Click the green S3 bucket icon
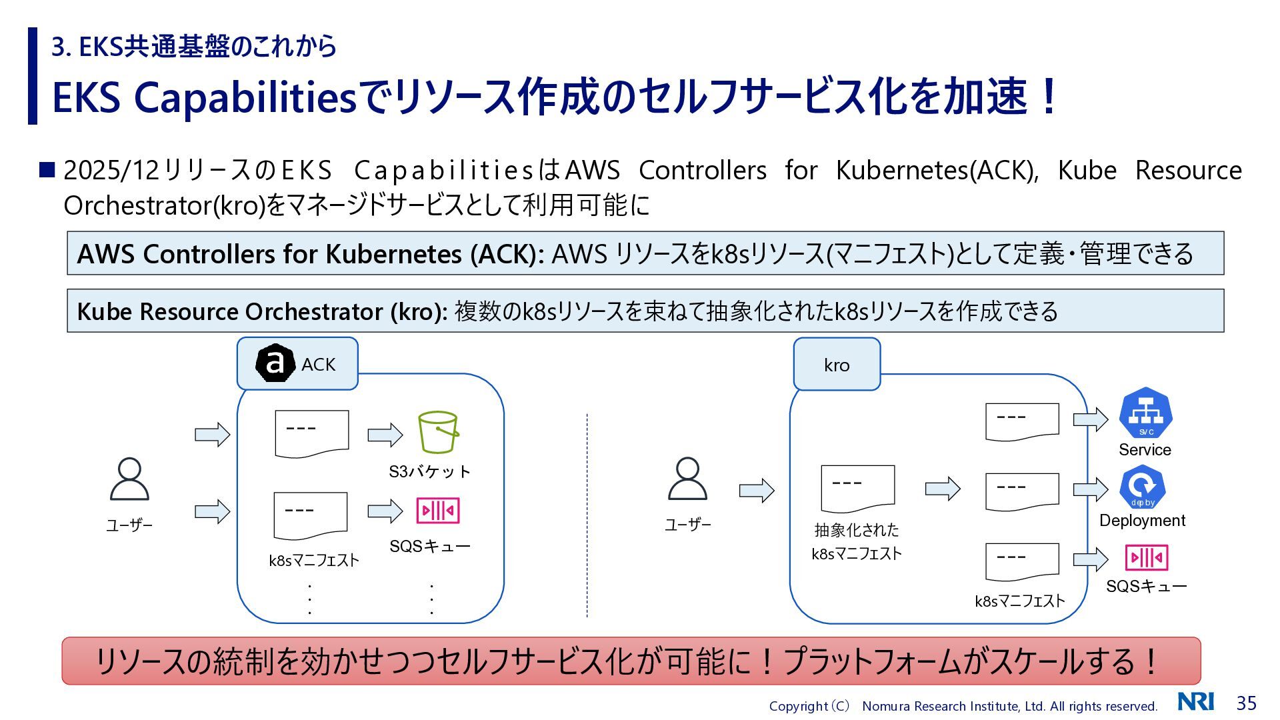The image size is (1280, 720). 438,432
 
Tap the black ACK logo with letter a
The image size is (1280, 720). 275,363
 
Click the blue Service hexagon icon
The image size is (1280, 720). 1145,413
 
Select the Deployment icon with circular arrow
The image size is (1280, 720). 1142,487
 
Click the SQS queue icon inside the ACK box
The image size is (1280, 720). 438,511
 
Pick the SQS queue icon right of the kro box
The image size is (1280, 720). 1147,557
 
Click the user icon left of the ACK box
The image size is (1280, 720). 129,479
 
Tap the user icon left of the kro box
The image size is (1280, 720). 687,479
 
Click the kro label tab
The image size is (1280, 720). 837,364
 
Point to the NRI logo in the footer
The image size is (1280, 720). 1196,701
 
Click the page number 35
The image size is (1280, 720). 1246,703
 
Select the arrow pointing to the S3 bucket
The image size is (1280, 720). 385,435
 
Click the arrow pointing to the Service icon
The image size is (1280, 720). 1091,419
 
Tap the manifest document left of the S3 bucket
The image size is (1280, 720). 312,434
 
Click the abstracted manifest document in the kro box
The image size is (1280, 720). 858,489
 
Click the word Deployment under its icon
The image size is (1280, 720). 1142,521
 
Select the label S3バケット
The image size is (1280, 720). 430,472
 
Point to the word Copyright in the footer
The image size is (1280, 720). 798,706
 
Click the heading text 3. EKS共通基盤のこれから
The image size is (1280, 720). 194,47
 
